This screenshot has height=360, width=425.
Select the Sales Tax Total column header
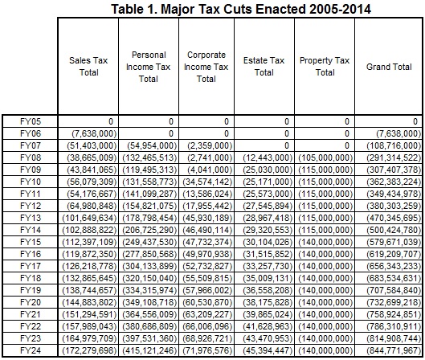(x=88, y=67)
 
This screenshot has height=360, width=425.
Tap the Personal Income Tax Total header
(x=149, y=67)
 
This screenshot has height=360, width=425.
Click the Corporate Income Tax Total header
(x=206, y=67)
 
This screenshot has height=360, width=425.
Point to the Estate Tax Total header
(x=264, y=67)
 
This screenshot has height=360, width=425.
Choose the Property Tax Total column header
(x=325, y=67)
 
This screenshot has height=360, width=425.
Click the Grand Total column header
(x=389, y=67)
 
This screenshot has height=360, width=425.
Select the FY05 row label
(x=31, y=121)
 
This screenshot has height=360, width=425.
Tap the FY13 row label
(x=31, y=218)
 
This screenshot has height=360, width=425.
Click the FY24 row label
(x=31, y=350)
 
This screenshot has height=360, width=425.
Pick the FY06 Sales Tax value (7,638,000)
(x=94, y=133)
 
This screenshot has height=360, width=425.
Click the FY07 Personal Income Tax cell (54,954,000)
(x=152, y=145)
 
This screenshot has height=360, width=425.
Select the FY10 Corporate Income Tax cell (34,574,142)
(x=207, y=182)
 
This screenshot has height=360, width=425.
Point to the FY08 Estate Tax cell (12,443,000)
(x=268, y=157)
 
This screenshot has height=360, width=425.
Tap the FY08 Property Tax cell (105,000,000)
(x=325, y=157)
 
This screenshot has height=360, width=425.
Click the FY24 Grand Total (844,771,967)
(x=394, y=350)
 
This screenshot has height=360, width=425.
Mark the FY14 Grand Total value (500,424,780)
(x=394, y=230)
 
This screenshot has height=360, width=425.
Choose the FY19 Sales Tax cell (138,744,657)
(x=89, y=290)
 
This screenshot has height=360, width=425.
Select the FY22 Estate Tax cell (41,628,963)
(x=268, y=326)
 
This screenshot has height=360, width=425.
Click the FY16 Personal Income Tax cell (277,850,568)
(x=150, y=254)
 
